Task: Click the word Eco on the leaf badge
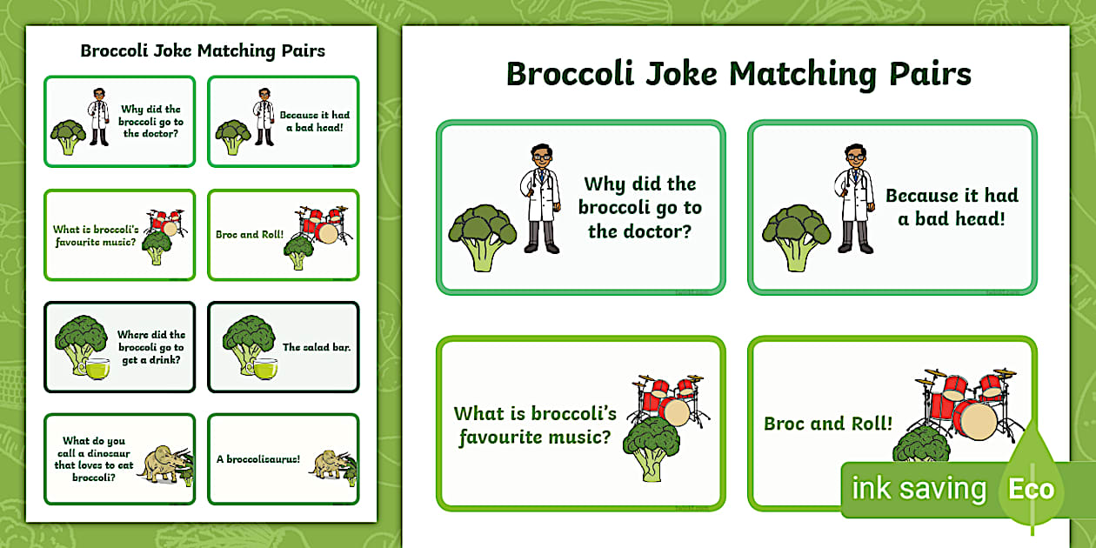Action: tap(1031, 489)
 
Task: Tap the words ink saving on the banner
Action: tap(919, 489)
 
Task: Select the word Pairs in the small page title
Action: tap(303, 50)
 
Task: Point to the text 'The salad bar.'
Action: tap(316, 347)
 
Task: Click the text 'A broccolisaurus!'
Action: tap(257, 459)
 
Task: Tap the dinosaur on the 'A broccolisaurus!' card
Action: tap(330, 464)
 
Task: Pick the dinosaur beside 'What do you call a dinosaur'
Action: tap(163, 464)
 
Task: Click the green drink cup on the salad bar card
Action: tap(264, 370)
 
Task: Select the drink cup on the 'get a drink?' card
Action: tap(97, 369)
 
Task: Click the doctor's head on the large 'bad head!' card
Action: tap(855, 157)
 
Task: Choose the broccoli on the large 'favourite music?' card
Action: tap(652, 448)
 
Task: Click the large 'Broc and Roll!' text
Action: tap(828, 424)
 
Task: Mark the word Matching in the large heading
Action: tap(802, 76)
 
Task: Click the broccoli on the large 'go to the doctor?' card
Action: tap(483, 237)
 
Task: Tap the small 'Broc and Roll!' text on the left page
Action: tap(250, 234)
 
